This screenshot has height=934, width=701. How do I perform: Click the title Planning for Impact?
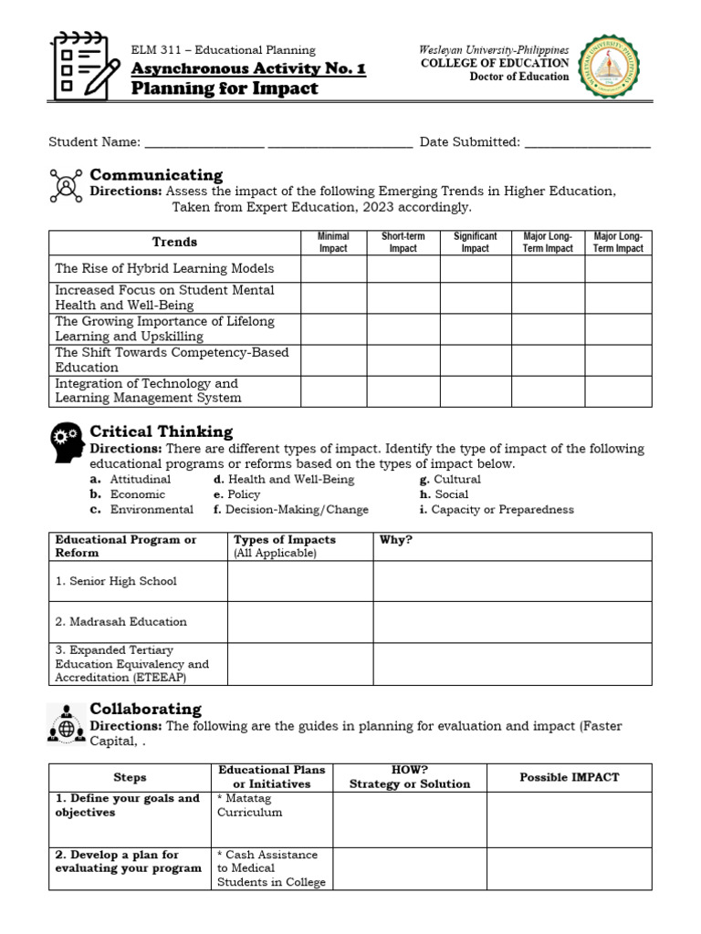(x=225, y=88)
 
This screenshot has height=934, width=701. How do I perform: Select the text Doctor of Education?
(x=518, y=77)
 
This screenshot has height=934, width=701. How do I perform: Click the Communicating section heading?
(x=156, y=174)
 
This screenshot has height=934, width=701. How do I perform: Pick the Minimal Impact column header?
(x=333, y=243)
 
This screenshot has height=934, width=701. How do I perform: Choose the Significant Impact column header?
(x=475, y=243)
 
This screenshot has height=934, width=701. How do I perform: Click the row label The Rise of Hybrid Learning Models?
(x=164, y=269)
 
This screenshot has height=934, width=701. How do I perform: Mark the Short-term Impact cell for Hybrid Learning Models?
(x=403, y=269)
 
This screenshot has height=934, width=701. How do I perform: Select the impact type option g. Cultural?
(x=450, y=479)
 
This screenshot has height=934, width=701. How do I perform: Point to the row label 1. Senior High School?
(x=116, y=581)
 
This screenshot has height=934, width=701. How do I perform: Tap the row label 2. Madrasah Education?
(x=120, y=621)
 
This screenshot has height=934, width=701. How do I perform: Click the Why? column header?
(x=396, y=540)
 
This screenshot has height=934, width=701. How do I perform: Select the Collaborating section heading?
(x=145, y=709)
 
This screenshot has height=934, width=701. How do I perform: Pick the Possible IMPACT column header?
(x=569, y=777)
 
